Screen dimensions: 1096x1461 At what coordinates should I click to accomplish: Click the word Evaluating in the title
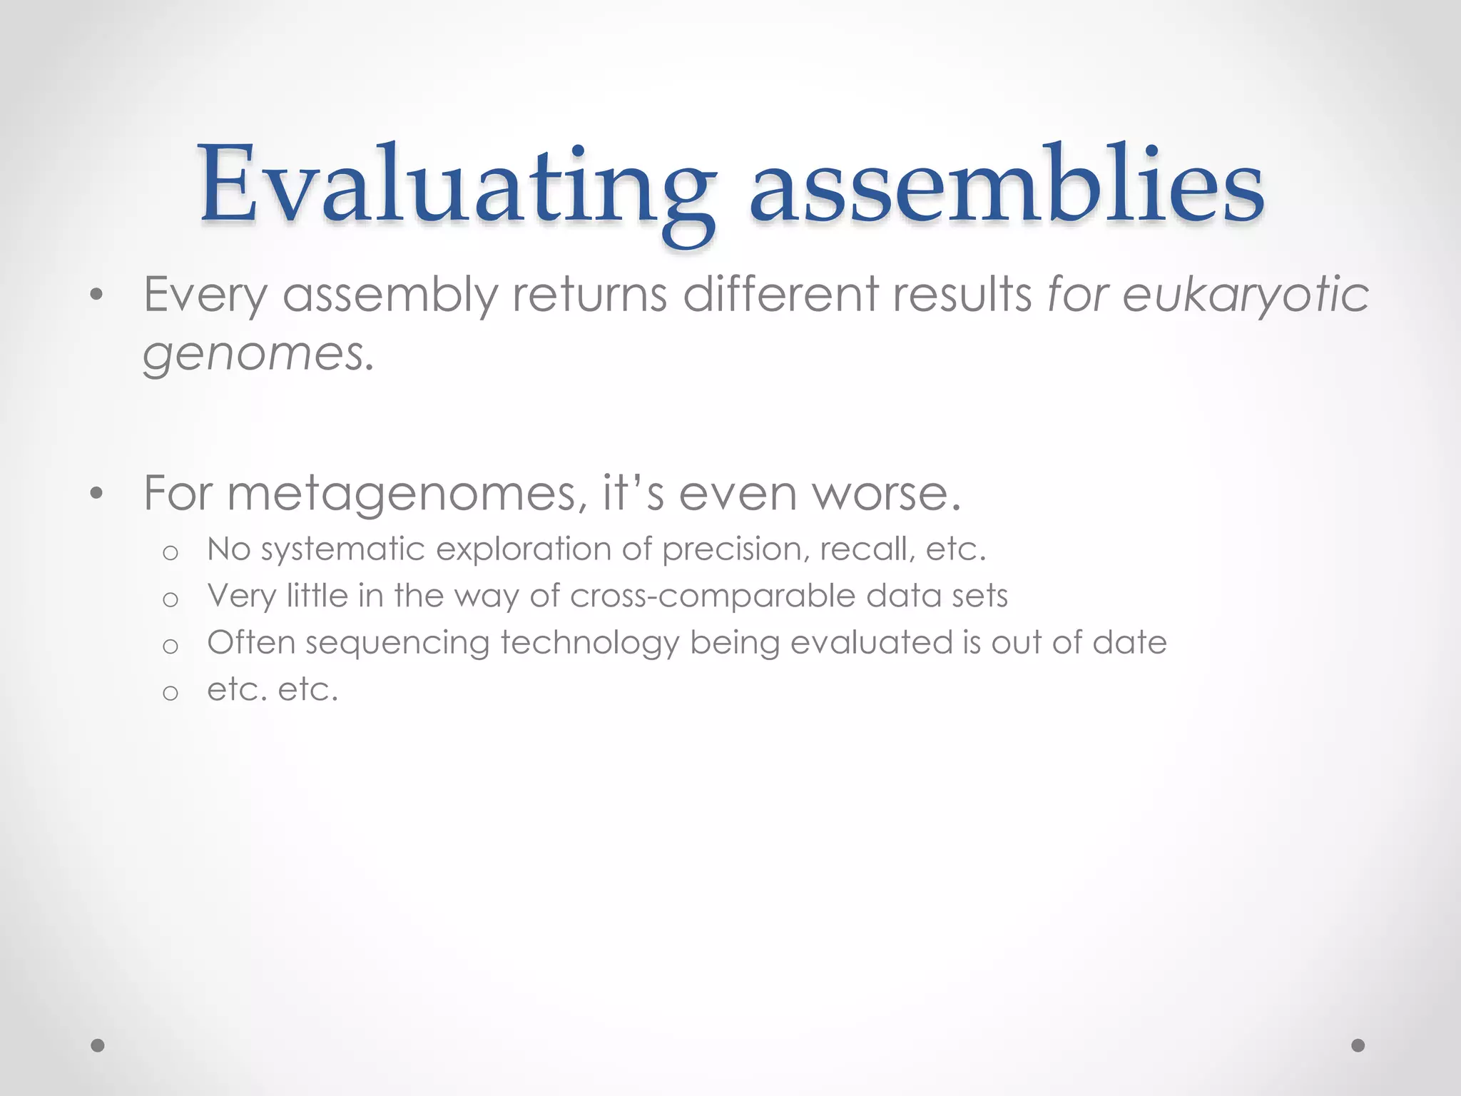[x=457, y=187]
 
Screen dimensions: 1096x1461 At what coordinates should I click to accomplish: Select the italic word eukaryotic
[x=1246, y=295]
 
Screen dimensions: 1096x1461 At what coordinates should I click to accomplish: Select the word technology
[x=589, y=643]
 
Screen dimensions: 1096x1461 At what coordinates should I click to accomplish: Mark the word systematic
[x=343, y=550]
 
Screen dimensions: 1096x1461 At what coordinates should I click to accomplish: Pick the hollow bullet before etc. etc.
[x=170, y=693]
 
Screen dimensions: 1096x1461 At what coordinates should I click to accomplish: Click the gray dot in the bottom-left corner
[x=98, y=1045]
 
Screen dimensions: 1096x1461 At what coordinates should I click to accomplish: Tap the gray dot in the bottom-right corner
[x=1358, y=1045]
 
